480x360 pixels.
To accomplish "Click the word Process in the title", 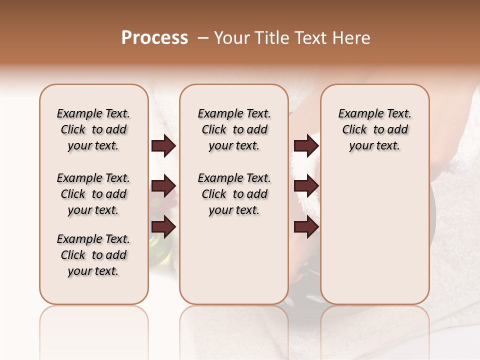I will (x=154, y=38).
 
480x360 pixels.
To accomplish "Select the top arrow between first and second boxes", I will (x=163, y=146).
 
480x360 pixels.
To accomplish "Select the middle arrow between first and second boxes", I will (x=163, y=186).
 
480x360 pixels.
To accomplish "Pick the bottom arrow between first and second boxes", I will (x=163, y=227).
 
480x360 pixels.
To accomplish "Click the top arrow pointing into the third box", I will (x=306, y=146).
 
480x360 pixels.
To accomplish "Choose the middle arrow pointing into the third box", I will (x=306, y=186).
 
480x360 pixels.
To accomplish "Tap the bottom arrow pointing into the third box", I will (x=306, y=227).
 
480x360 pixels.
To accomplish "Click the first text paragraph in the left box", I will (x=93, y=129).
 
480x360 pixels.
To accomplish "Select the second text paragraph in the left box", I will (x=93, y=194).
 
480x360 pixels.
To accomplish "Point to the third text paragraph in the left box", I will (x=93, y=255).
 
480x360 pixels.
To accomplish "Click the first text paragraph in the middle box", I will (x=234, y=129).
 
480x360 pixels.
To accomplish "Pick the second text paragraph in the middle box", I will (x=234, y=194).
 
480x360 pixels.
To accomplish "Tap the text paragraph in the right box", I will (x=374, y=129).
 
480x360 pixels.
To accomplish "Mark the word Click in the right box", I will (x=354, y=130).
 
